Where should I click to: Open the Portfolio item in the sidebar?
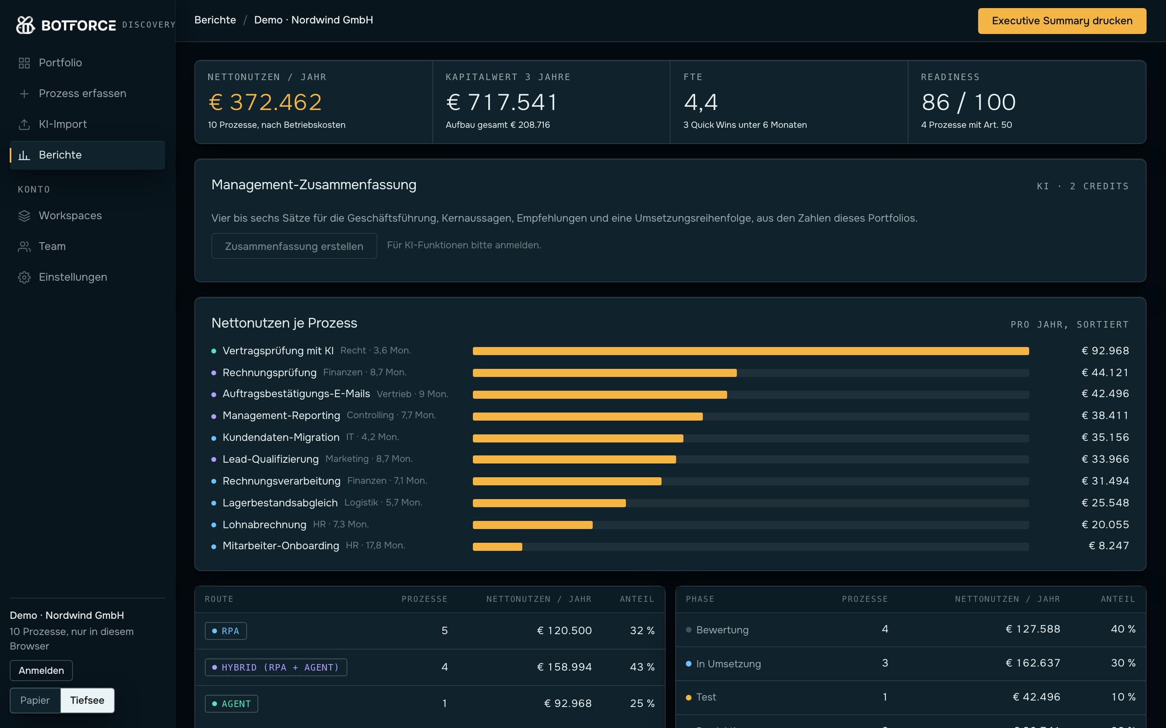coord(60,63)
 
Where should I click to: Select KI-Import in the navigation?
coord(63,124)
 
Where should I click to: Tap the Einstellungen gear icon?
coord(24,278)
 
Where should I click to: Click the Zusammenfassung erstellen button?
coord(294,246)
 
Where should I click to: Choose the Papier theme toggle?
coord(35,700)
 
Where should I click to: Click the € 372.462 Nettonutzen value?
coord(265,102)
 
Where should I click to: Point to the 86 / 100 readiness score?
coord(968,102)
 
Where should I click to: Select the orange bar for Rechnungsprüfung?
coord(605,373)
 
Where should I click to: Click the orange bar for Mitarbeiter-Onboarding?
coord(497,546)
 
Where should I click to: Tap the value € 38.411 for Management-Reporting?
coord(1105,415)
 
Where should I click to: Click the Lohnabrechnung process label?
coord(265,524)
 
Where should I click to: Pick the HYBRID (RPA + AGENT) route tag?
coord(276,667)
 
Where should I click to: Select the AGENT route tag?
coord(231,704)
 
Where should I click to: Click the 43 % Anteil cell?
coord(642,667)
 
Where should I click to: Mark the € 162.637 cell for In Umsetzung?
coord(1033,663)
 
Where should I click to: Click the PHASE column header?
coord(700,599)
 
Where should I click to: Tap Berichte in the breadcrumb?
coord(215,20)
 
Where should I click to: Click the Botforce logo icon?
coord(26,25)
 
